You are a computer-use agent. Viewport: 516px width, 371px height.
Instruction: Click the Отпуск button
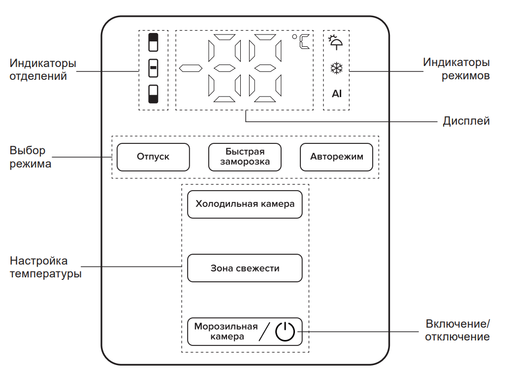pos(153,157)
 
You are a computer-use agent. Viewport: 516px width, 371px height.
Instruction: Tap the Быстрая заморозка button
pos(244,157)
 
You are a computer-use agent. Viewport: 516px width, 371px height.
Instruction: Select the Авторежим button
pos(336,157)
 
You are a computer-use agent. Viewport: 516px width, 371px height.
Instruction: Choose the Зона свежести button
pos(245,268)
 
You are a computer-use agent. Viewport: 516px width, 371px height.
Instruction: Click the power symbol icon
pos(285,332)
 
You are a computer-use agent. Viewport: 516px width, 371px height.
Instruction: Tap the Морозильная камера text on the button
pos(226,332)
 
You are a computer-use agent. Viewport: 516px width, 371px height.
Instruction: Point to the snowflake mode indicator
pos(336,68)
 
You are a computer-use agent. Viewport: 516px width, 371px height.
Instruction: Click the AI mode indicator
pos(336,94)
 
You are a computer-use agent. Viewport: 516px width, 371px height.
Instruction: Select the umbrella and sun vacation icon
pos(336,42)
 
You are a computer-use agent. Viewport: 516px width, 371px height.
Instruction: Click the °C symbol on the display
pos(302,42)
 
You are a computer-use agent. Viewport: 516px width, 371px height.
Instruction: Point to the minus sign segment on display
pos(191,67)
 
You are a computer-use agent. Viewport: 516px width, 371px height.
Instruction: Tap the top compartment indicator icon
pos(154,43)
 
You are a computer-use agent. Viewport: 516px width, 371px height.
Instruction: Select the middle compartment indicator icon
pos(154,68)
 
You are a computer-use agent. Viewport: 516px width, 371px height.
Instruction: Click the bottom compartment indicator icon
pos(154,94)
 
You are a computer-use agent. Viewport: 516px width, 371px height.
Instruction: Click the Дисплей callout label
pos(466,121)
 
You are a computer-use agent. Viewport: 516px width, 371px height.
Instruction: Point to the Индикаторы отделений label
pos(43,69)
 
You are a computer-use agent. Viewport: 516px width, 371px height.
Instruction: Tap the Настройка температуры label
pos(46,267)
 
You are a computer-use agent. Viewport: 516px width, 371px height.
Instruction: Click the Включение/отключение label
pos(457,330)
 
